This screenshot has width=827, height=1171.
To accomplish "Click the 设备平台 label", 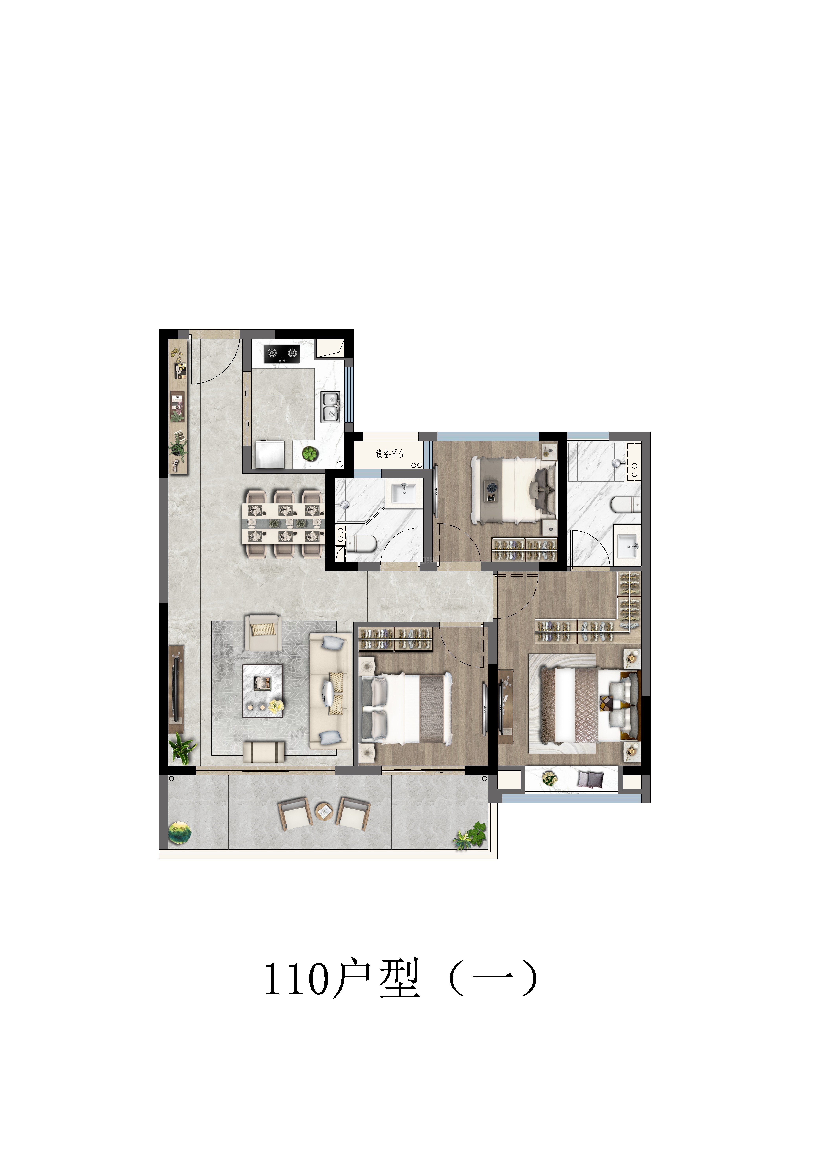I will (x=390, y=453).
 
